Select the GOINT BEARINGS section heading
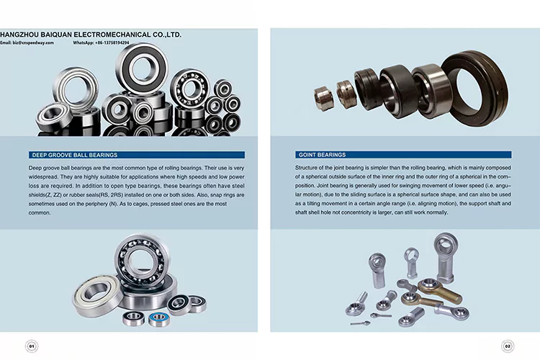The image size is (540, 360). [x=322, y=155]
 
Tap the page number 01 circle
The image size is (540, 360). [x=32, y=346]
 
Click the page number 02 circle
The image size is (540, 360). [x=508, y=346]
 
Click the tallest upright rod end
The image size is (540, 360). [x=441, y=252]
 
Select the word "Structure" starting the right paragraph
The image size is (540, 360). [x=290, y=166]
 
